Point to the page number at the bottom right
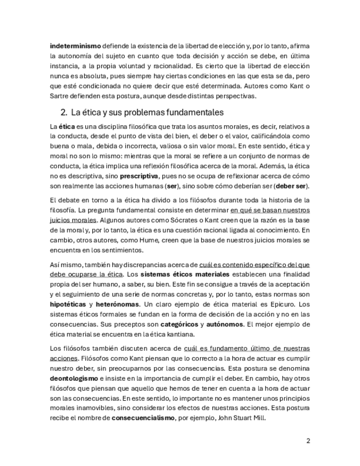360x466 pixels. tap(308, 441)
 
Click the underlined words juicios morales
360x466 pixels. tap(69, 220)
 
